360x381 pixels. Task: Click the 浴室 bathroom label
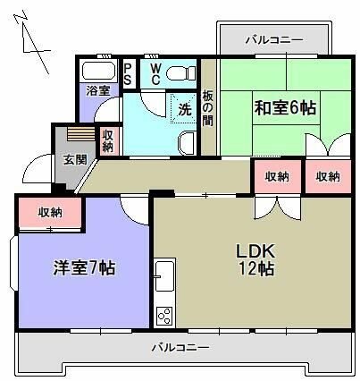click(x=98, y=90)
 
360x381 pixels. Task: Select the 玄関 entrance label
click(x=74, y=160)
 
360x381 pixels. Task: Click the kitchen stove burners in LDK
click(x=164, y=314)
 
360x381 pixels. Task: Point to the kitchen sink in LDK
click(x=163, y=273)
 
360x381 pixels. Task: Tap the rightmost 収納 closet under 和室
click(x=327, y=176)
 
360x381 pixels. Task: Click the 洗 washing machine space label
click(x=183, y=110)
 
